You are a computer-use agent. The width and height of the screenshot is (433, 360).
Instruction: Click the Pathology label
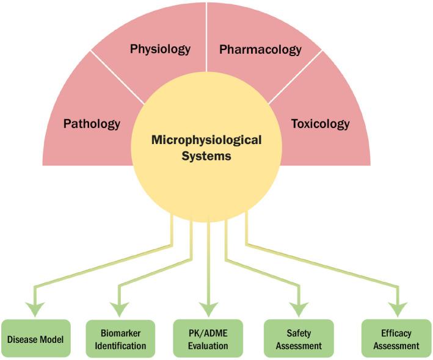92,124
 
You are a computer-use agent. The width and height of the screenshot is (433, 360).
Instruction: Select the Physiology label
160,49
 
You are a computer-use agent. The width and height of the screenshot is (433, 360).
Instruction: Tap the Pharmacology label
260,49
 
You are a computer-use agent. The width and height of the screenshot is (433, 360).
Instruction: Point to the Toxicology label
320,124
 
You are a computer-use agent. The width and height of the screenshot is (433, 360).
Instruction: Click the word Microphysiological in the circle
206,140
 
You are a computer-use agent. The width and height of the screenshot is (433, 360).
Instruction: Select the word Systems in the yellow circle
206,156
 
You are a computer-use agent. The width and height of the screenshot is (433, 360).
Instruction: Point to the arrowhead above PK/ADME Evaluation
208,309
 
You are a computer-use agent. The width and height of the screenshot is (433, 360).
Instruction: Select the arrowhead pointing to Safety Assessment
299,309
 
